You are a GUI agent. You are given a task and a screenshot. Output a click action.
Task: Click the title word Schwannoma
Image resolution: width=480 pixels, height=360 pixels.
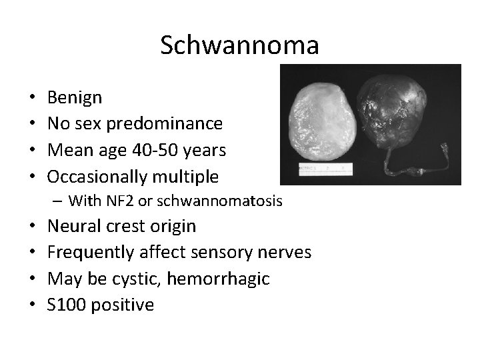coord(240,45)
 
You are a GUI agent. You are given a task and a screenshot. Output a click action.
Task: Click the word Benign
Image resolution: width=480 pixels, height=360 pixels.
coord(75,98)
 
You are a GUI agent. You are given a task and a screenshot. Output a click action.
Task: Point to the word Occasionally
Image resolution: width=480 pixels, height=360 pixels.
coord(97,176)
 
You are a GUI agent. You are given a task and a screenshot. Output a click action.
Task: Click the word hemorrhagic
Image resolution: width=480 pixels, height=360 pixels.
coord(218,279)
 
